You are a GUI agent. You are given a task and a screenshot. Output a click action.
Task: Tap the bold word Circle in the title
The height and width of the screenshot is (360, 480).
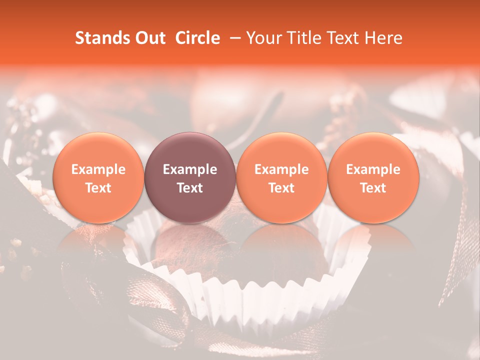(197, 38)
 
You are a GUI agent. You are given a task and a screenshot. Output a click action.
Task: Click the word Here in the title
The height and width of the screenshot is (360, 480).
(383, 38)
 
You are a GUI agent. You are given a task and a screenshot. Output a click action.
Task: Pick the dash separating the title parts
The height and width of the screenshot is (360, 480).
(232, 38)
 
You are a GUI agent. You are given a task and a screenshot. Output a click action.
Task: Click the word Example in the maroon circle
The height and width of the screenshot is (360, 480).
(190, 169)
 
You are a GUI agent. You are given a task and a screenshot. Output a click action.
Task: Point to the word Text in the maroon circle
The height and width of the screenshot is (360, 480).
(190, 188)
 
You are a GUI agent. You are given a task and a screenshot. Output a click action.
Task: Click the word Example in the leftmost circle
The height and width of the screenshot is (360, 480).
(98, 169)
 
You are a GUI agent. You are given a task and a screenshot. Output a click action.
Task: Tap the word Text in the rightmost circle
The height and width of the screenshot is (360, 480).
(373, 188)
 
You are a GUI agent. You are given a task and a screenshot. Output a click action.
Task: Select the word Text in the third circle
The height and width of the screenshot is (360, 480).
(281, 188)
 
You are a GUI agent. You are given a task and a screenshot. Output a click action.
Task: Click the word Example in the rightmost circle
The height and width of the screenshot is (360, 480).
(373, 169)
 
